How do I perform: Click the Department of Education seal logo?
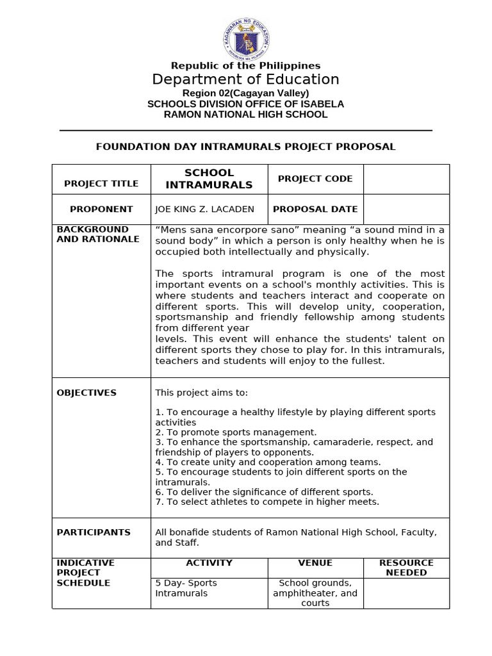click(x=246, y=38)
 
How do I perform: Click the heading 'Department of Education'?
click(x=245, y=79)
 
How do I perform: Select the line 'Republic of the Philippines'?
click(x=245, y=65)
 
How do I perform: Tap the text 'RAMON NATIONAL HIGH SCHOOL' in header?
click(x=245, y=115)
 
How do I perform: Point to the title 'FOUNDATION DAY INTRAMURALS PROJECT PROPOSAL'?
click(x=245, y=147)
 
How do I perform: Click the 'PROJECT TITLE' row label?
click(x=101, y=184)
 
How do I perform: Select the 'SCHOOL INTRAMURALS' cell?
click(x=209, y=179)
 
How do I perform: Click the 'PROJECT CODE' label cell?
click(x=315, y=179)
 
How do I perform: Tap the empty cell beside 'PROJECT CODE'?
click(x=406, y=179)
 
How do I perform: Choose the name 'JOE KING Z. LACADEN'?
click(x=204, y=209)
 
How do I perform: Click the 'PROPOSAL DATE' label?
click(x=315, y=209)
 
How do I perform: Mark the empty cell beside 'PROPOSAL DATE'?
click(x=406, y=209)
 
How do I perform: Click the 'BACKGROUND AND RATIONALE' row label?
click(x=97, y=234)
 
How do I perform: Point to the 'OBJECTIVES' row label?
click(x=86, y=393)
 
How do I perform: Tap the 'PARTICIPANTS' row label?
click(x=94, y=532)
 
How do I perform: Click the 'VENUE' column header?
click(x=315, y=563)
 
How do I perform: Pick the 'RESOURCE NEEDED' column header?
click(x=406, y=568)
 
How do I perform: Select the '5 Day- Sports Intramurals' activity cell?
click(x=186, y=588)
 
